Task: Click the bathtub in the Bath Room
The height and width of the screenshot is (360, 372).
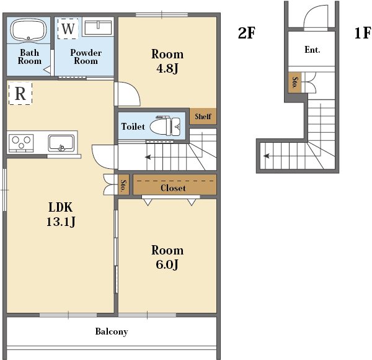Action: pyautogui.click(x=29, y=30)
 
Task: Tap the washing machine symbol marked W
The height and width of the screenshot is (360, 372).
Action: pyautogui.click(x=68, y=29)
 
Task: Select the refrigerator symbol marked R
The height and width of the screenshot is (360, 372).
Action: pyautogui.click(x=20, y=93)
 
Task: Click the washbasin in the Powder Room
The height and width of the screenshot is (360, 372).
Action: pyautogui.click(x=98, y=27)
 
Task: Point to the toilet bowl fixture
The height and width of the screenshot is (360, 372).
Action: pyautogui.click(x=165, y=126)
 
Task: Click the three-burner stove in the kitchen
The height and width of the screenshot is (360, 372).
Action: pyautogui.click(x=21, y=143)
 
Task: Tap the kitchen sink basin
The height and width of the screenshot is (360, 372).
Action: pyautogui.click(x=61, y=143)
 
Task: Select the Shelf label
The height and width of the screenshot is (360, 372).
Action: pyautogui.click(x=203, y=116)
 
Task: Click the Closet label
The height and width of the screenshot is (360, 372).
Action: pyautogui.click(x=173, y=188)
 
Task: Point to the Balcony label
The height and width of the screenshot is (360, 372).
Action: pyautogui.click(x=112, y=331)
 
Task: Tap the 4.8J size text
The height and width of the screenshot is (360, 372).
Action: pyautogui.click(x=167, y=68)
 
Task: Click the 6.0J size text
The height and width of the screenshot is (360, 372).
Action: pyautogui.click(x=167, y=264)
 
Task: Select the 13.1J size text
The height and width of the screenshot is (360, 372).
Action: pyautogui.click(x=61, y=222)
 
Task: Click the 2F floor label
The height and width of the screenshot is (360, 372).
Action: pyautogui.click(x=247, y=33)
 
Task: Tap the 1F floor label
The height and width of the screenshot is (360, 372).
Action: pyautogui.click(x=363, y=33)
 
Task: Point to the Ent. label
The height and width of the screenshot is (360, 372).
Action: pyautogui.click(x=312, y=50)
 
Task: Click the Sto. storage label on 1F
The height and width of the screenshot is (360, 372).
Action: pyautogui.click(x=295, y=83)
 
